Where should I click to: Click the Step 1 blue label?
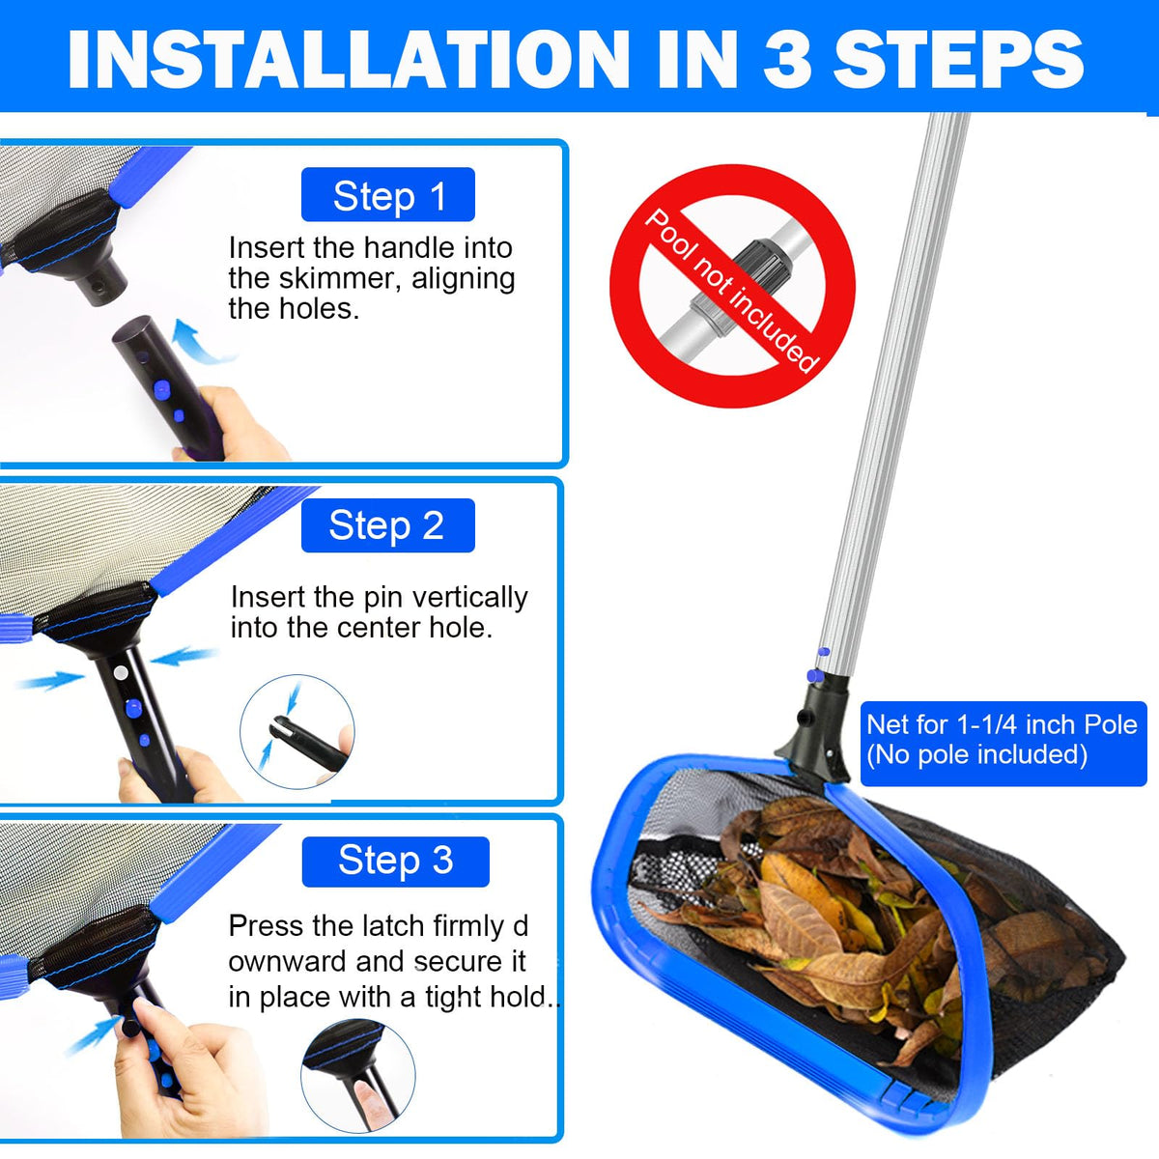[388, 194]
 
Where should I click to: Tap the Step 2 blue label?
[388, 525]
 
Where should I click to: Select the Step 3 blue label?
[395, 862]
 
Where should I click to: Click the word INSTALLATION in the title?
[349, 59]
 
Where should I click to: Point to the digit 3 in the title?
[788, 59]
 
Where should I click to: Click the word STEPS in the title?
[957, 59]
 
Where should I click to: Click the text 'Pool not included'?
[732, 291]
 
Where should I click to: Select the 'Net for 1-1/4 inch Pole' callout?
[1004, 744]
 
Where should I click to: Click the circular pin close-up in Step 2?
[297, 731]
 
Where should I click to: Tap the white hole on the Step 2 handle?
[122, 672]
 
